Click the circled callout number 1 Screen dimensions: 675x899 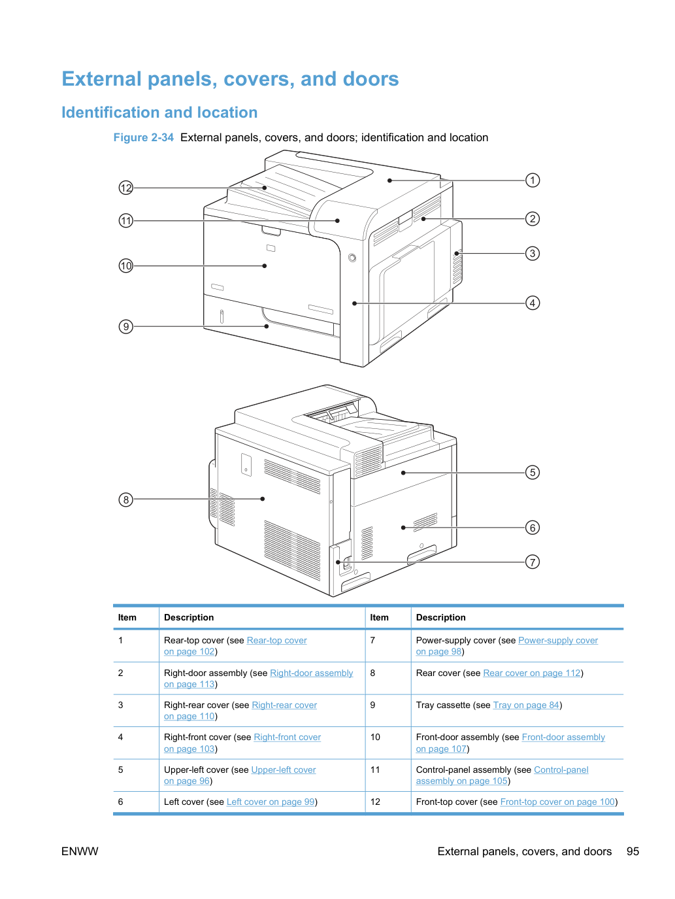pyautogui.click(x=532, y=180)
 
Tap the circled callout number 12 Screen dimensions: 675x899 pyautogui.click(x=126, y=188)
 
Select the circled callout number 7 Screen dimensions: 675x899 pyautogui.click(x=532, y=562)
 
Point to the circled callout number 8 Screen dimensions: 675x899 pyautogui.click(x=126, y=500)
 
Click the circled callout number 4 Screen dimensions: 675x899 pyautogui.click(x=532, y=303)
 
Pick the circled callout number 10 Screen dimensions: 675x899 pyautogui.click(x=126, y=266)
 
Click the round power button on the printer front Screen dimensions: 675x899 pyautogui.click(x=352, y=258)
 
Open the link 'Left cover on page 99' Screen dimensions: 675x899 pyautogui.click(x=271, y=802)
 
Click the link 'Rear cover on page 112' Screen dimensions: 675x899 pyautogui.click(x=532, y=673)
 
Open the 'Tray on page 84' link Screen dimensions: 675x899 pyautogui.click(x=526, y=705)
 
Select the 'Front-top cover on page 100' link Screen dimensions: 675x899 pyautogui.click(x=557, y=802)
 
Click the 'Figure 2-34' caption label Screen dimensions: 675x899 pyautogui.click(x=143, y=137)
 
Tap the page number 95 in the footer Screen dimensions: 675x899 pyautogui.click(x=633, y=851)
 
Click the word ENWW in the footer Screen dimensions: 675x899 pyautogui.click(x=80, y=851)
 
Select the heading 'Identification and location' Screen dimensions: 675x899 pyautogui.click(x=159, y=112)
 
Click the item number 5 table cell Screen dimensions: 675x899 pyautogui.click(x=120, y=770)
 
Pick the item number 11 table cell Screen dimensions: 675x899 pyautogui.click(x=375, y=770)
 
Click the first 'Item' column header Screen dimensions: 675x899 pyautogui.click(x=127, y=617)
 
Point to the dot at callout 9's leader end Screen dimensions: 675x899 pyautogui.click(x=267, y=326)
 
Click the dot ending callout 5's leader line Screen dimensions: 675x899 pyautogui.click(x=403, y=473)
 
